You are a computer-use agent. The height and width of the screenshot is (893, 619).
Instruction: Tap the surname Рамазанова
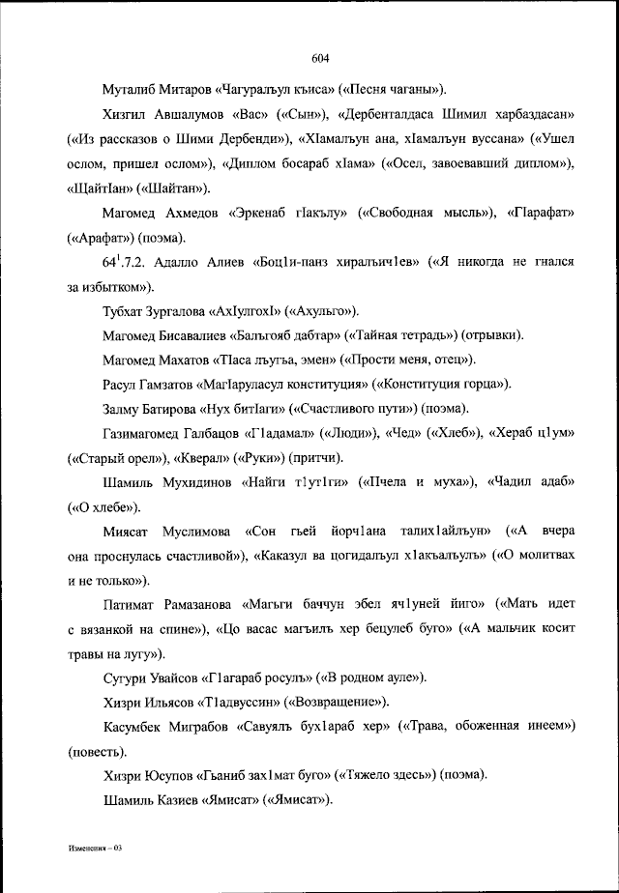tap(203, 605)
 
